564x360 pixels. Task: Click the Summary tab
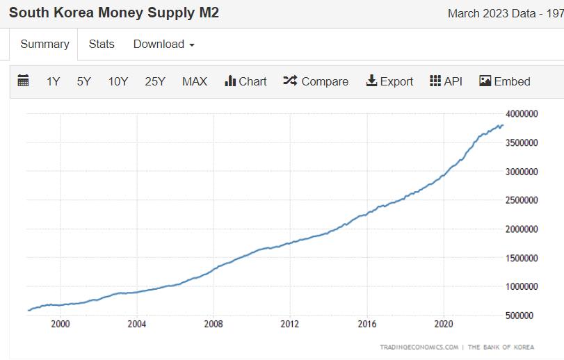45,44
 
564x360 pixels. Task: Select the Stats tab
102,44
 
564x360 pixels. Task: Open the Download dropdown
163,44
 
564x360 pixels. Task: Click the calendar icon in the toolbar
23,81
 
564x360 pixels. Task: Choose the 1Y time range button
54,81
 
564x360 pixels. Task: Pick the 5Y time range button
84,81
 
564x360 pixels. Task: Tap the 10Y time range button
118,81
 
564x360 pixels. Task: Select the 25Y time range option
155,81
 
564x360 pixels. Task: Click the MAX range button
195,81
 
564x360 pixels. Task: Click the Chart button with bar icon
245,81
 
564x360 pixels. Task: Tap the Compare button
316,81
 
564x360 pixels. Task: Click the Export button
389,81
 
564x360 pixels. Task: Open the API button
446,81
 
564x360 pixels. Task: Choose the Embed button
505,81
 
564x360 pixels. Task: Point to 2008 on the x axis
213,324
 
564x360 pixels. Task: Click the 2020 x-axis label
444,324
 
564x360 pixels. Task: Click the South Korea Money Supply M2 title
114,13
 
